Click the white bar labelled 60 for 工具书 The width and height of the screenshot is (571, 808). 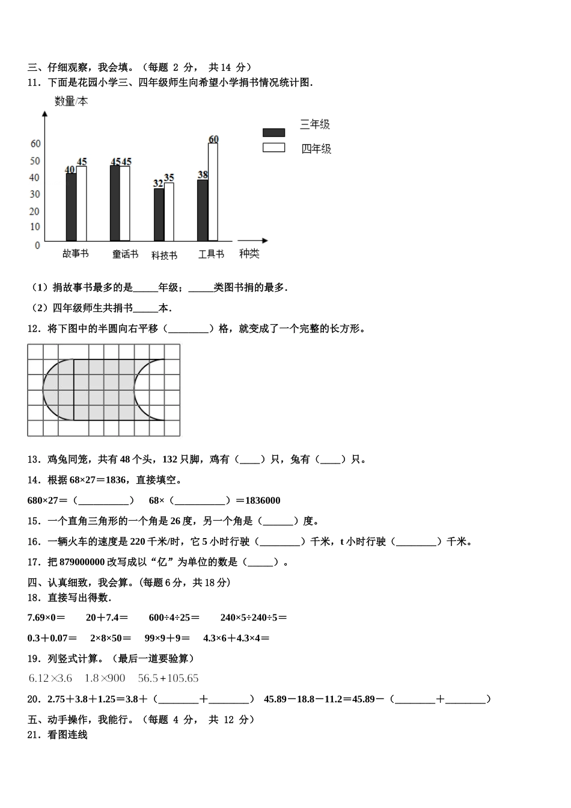(213, 192)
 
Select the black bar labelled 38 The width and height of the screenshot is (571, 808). (203, 210)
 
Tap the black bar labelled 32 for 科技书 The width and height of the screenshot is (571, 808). (159, 214)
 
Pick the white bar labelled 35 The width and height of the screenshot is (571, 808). (169, 212)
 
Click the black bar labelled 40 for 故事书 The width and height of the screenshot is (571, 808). (71, 207)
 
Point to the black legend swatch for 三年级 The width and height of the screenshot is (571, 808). (273, 132)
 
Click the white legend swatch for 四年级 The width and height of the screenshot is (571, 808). (273, 147)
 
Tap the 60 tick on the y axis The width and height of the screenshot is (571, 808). (35, 144)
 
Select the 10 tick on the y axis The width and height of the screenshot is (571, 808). (35, 227)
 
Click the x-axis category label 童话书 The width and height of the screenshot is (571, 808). (125, 254)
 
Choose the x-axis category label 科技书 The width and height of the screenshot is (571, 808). (164, 255)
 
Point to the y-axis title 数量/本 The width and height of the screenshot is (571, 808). (71, 102)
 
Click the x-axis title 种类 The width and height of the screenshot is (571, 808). (249, 254)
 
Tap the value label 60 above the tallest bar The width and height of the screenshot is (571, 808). (213, 139)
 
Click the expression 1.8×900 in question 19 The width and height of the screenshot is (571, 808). (105, 678)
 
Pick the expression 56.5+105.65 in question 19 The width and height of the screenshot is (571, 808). (168, 678)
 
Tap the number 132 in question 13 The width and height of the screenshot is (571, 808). (170, 459)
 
